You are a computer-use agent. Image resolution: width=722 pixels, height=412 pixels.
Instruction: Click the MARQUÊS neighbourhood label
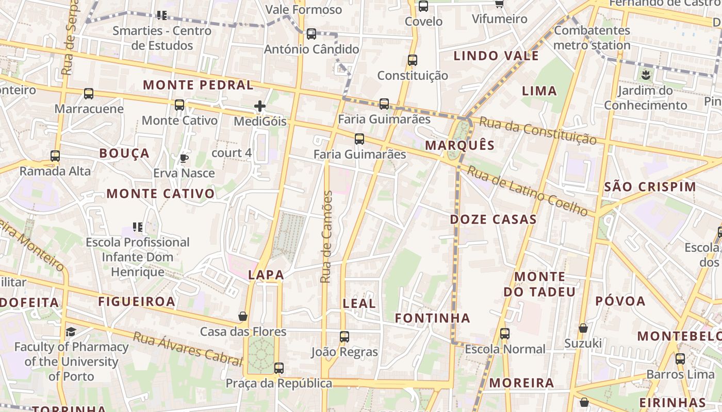tap(460, 145)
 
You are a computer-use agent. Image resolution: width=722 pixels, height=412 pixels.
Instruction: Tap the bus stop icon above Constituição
tap(412, 60)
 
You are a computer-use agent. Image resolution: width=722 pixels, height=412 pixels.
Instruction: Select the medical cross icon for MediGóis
tap(260, 107)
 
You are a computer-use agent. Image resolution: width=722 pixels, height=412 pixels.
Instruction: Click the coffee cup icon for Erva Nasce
tap(184, 158)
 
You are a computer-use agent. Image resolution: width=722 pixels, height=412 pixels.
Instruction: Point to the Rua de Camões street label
tap(326, 236)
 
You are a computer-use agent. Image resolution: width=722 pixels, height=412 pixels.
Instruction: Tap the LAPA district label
tap(266, 275)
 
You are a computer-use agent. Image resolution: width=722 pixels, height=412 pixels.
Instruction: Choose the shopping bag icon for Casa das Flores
tap(243, 316)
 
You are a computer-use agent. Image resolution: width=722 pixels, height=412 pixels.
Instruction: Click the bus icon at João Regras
tap(344, 337)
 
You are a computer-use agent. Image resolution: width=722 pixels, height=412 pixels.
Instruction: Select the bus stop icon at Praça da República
tap(279, 368)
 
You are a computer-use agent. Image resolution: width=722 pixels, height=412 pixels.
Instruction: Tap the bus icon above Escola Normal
tap(505, 334)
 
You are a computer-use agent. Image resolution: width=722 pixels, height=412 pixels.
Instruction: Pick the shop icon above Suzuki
tap(583, 328)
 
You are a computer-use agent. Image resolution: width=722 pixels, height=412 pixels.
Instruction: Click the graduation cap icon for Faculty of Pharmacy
tap(71, 332)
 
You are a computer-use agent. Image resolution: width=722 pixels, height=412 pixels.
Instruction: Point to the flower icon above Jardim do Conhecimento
tap(645, 76)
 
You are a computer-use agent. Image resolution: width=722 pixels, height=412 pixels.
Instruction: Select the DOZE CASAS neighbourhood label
tap(494, 219)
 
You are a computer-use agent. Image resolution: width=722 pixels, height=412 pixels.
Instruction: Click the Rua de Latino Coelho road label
tap(527, 191)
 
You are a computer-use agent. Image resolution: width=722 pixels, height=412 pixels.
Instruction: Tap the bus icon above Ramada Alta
tap(55, 156)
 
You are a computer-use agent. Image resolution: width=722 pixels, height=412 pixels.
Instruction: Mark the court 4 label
tap(232, 153)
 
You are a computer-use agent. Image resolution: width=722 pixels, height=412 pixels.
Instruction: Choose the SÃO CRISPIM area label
tap(650, 187)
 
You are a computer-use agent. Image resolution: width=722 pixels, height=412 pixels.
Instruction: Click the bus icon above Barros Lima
tap(680, 359)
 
